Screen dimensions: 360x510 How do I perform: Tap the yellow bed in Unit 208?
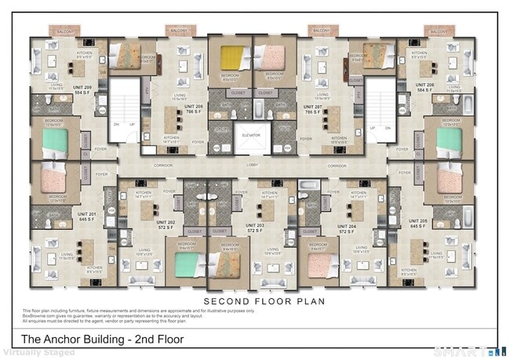click(x=231, y=58)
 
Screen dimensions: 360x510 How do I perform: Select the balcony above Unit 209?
click(x=64, y=31)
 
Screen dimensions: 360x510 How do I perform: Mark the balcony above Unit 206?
click(x=440, y=31)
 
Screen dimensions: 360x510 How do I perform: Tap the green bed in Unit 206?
click(x=449, y=140)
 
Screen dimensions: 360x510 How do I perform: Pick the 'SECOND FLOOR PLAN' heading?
click(x=253, y=301)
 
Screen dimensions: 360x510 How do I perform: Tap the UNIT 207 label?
click(x=312, y=107)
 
